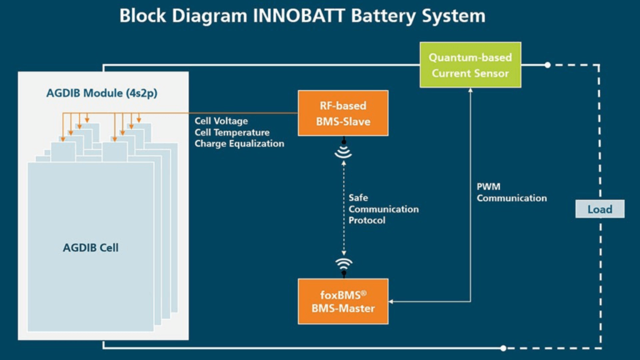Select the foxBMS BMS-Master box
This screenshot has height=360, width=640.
point(342,301)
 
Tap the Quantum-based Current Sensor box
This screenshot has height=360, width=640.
point(470,65)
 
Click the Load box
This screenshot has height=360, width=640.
point(599,209)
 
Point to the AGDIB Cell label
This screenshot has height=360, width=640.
point(91,247)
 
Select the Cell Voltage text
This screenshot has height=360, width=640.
point(221,121)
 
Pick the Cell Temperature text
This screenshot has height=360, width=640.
point(232,132)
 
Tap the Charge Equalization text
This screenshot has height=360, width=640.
point(239,144)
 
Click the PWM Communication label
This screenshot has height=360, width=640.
point(511,192)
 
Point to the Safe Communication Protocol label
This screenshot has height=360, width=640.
point(384,209)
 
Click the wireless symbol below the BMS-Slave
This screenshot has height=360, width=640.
point(343,151)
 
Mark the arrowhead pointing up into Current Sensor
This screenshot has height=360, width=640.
point(470,91)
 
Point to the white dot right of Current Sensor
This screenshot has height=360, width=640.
point(547,65)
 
